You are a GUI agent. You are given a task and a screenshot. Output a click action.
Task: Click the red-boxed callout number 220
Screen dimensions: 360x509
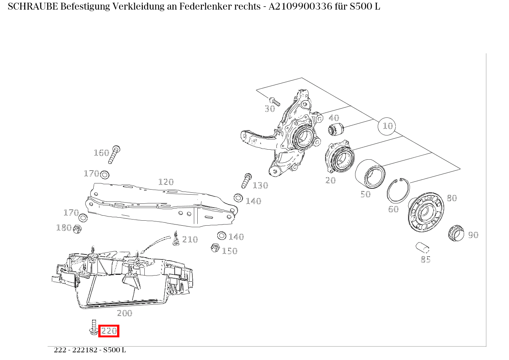109,331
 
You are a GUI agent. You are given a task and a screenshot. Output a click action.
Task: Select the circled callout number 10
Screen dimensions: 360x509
388,126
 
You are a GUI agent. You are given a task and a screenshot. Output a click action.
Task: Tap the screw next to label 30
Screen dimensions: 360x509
274,101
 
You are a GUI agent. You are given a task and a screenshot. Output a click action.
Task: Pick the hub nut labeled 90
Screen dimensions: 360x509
456,233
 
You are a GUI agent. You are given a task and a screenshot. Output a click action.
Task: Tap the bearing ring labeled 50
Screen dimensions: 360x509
370,175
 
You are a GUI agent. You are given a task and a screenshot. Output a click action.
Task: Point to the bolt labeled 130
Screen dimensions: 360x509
246,180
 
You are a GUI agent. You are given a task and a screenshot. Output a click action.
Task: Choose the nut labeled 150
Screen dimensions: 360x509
215,248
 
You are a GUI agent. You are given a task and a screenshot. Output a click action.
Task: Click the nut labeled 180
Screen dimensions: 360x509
77,229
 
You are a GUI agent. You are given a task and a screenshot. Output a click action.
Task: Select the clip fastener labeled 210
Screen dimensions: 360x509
176,239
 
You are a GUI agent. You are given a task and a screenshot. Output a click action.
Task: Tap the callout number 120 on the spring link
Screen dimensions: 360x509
166,182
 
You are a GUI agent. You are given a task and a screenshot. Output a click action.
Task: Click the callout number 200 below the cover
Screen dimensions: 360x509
124,313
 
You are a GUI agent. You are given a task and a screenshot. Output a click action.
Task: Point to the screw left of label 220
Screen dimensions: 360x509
93,327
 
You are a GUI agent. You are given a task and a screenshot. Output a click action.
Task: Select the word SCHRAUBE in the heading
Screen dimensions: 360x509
33,7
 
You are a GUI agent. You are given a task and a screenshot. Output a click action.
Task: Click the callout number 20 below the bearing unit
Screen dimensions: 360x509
331,180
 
